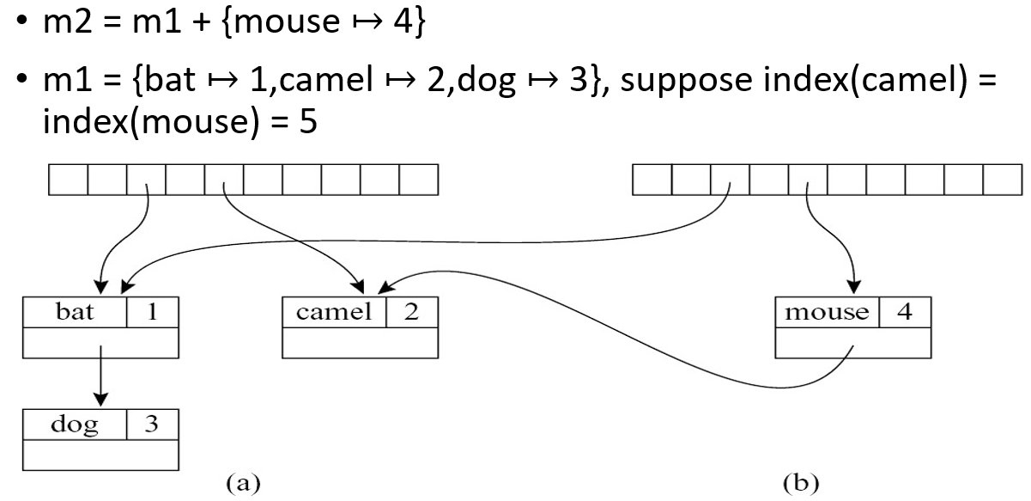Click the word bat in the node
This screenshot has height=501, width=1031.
pyautogui.click(x=75, y=311)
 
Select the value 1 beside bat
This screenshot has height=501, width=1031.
pyautogui.click(x=152, y=311)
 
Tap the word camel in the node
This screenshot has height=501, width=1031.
pyautogui.click(x=334, y=311)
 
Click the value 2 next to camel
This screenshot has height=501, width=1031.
pyautogui.click(x=411, y=311)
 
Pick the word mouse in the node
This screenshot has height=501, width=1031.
pyautogui.click(x=826, y=311)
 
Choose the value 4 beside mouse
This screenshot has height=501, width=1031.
pyautogui.click(x=903, y=311)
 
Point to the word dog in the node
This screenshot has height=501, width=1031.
pyautogui.click(x=75, y=425)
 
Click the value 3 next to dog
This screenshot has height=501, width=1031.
pyautogui.click(x=152, y=425)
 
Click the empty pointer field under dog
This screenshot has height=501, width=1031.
pyautogui.click(x=101, y=455)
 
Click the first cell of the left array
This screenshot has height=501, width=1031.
pyautogui.click(x=69, y=180)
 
